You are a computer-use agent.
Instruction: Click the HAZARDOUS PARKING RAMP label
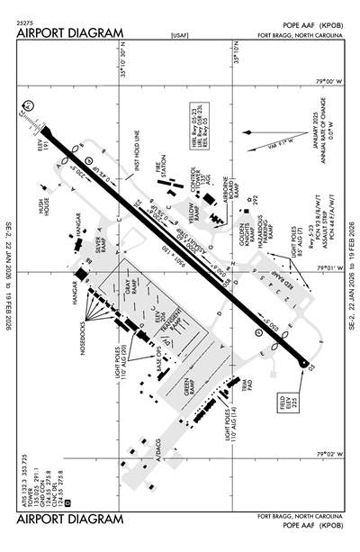coord(261,231)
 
